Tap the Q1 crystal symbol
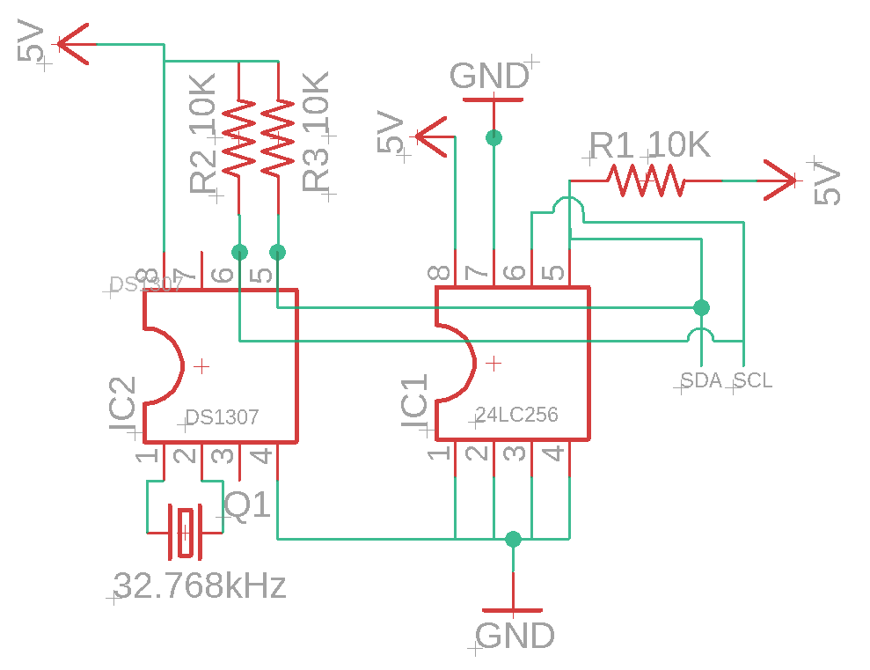(185, 531)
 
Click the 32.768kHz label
(201, 585)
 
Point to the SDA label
(701, 380)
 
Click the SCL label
(753, 380)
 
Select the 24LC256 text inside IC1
(516, 415)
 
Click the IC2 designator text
(123, 409)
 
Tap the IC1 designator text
(414, 404)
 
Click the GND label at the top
(489, 77)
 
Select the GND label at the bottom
(515, 635)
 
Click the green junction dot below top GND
(493, 137)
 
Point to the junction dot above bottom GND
(514, 539)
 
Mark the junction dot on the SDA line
(701, 307)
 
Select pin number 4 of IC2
(261, 456)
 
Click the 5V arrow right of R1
(779, 180)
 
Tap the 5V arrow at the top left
(75, 43)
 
